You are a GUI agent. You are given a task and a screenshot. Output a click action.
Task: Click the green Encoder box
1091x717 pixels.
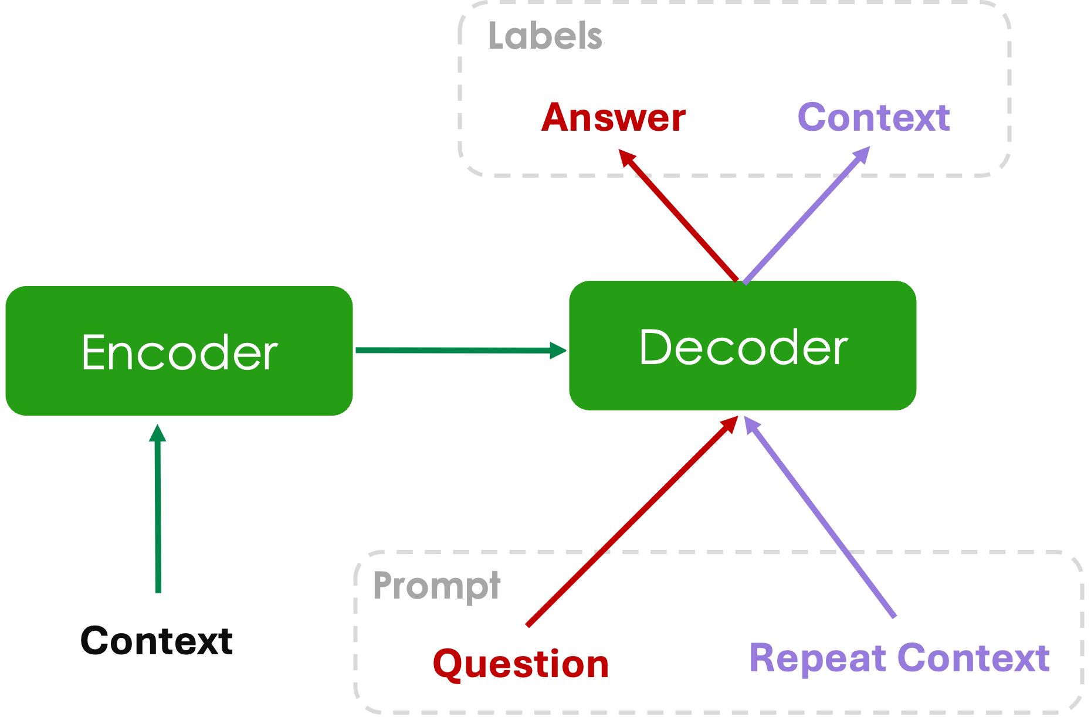point(179,351)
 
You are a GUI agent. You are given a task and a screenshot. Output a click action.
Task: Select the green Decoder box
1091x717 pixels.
point(743,346)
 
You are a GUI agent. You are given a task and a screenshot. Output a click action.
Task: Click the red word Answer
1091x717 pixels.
point(613,118)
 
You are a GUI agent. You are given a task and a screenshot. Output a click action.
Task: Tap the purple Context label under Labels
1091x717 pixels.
point(873,118)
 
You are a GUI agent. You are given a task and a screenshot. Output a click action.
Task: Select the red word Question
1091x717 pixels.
point(521,664)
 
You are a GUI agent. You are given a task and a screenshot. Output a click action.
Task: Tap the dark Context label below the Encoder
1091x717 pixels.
point(157,640)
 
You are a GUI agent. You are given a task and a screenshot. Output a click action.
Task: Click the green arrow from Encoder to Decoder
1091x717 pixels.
point(452,351)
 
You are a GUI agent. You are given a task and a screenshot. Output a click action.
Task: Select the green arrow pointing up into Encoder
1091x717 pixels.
point(158,516)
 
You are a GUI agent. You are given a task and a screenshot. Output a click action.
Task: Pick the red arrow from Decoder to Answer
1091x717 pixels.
point(680,217)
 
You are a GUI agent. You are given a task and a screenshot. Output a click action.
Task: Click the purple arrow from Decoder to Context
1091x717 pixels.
point(804,217)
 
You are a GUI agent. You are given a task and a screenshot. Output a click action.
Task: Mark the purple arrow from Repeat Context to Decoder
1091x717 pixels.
point(821,519)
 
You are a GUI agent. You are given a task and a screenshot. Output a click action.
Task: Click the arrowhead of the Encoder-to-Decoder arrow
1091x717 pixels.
point(557,351)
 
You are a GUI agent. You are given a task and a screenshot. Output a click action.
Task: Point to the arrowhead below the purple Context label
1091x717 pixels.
point(862,155)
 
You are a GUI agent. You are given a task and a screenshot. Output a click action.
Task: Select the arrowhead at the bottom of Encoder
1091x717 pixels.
point(157,433)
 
